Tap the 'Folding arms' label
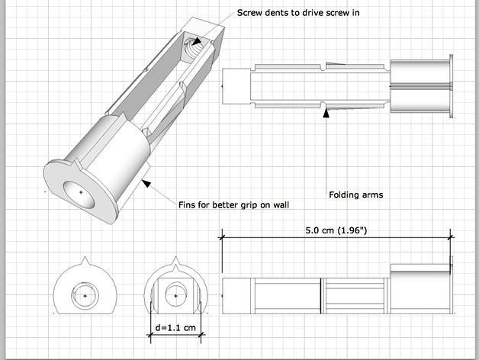(x=355, y=194)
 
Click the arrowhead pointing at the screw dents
(x=198, y=43)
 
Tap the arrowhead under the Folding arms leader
(x=326, y=112)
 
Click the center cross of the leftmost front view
(x=85, y=294)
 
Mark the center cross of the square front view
(x=176, y=294)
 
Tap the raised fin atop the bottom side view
(x=420, y=268)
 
